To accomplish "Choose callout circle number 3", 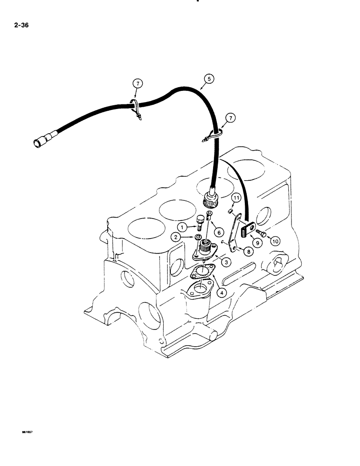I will (225, 262).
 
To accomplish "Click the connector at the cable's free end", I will (39, 142).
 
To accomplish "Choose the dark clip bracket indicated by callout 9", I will (247, 230).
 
